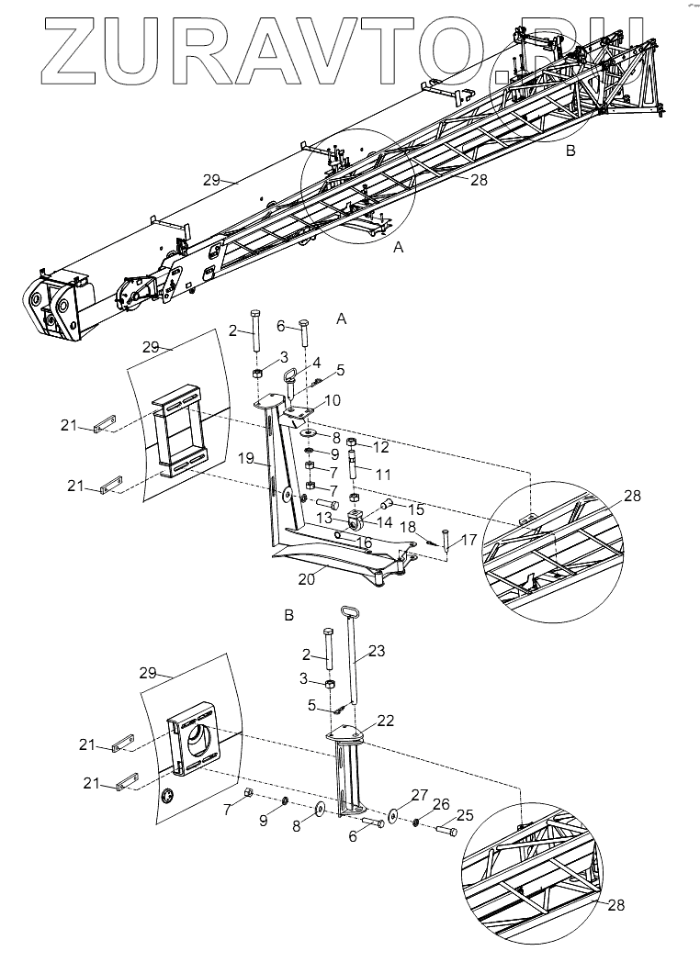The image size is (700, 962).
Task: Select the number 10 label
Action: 333,400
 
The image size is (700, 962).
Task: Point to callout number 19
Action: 248,458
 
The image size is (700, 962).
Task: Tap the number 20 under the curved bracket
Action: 307,578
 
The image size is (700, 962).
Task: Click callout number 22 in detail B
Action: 386,721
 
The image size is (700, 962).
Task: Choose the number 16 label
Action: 364,543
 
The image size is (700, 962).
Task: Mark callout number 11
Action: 383,475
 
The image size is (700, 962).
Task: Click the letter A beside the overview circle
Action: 399,247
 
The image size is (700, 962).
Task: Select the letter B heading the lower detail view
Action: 289,615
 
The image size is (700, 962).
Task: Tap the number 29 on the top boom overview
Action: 212,180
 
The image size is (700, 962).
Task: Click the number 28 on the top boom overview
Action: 479,180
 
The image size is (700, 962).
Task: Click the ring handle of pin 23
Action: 349,613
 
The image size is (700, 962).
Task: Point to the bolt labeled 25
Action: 446,832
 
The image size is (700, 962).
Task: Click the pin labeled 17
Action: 446,540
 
